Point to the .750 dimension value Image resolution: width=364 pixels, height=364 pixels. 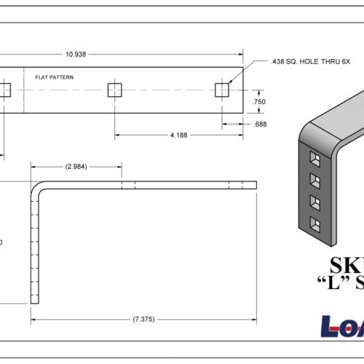click(258, 103)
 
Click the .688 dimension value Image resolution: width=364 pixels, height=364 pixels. click(258, 124)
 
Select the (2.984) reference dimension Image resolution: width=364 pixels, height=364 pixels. click(76, 167)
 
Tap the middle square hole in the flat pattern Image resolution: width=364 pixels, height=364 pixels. click(114, 90)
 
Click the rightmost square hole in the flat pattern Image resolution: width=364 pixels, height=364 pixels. click(223, 90)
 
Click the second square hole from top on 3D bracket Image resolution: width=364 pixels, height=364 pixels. click(314, 179)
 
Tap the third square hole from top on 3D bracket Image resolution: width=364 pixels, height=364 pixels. click(314, 201)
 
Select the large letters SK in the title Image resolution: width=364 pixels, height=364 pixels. click(347, 265)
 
